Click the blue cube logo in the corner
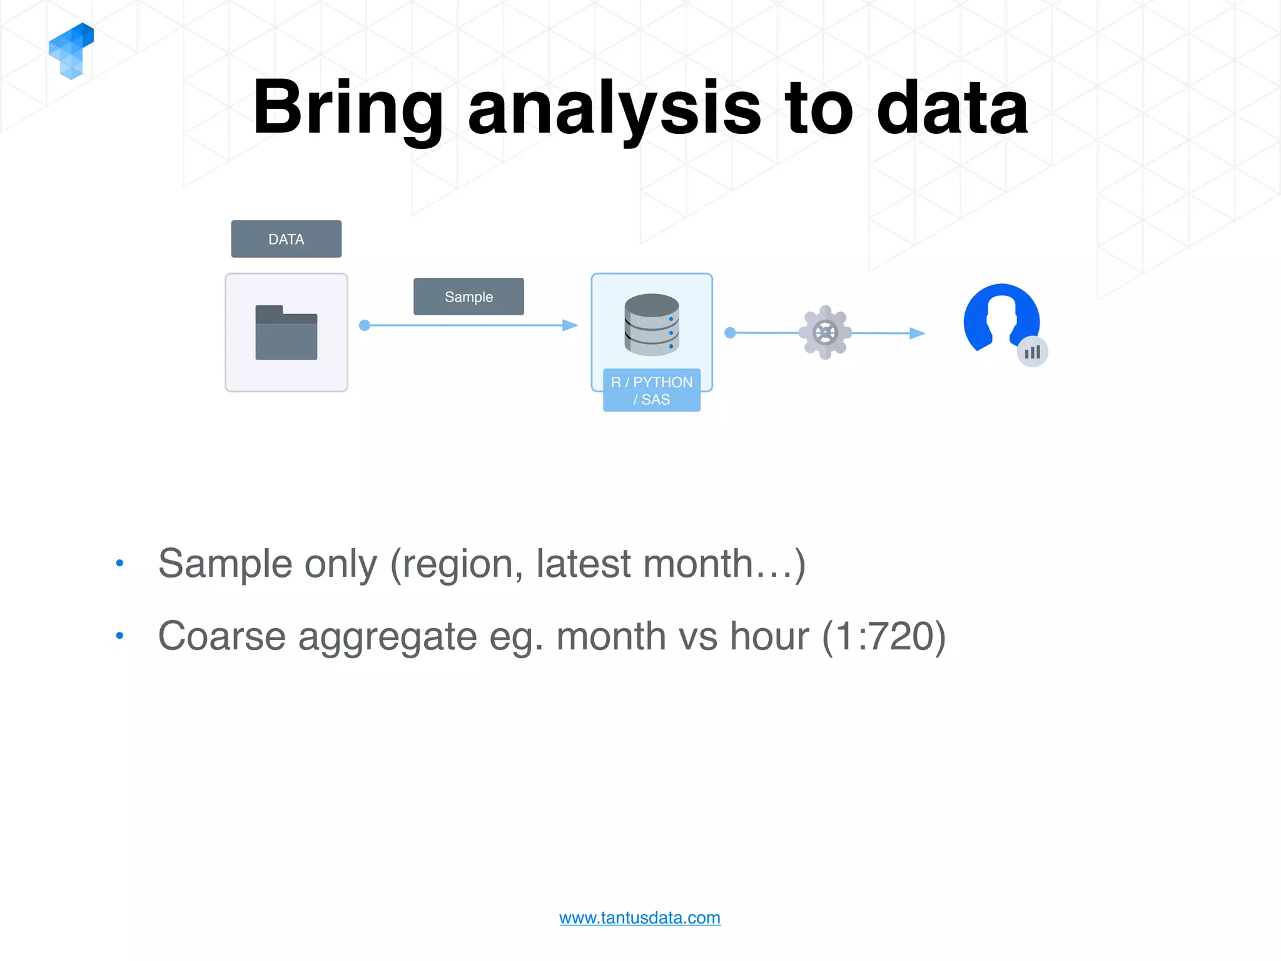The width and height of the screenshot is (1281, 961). [x=71, y=51]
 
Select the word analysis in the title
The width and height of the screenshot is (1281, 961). [x=614, y=109]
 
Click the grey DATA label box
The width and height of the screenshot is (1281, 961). [x=286, y=239]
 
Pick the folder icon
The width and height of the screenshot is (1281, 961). [x=286, y=332]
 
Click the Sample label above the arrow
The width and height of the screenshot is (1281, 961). [x=468, y=297]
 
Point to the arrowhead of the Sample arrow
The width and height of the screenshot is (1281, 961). [x=570, y=325]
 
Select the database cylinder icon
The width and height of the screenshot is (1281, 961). [x=651, y=324]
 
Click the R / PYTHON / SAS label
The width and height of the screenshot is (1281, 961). [x=651, y=390]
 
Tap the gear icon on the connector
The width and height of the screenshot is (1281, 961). [x=825, y=332]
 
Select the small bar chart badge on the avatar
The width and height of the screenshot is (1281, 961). [x=1032, y=352]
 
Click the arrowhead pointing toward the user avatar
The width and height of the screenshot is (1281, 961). [x=917, y=333]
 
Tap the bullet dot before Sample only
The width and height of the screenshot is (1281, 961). [x=119, y=563]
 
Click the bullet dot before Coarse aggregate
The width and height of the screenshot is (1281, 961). [x=119, y=636]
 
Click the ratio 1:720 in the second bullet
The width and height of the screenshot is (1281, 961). [x=883, y=636]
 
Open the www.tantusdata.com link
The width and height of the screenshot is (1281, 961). [x=639, y=918]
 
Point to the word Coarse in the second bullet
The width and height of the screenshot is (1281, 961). [x=222, y=636]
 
